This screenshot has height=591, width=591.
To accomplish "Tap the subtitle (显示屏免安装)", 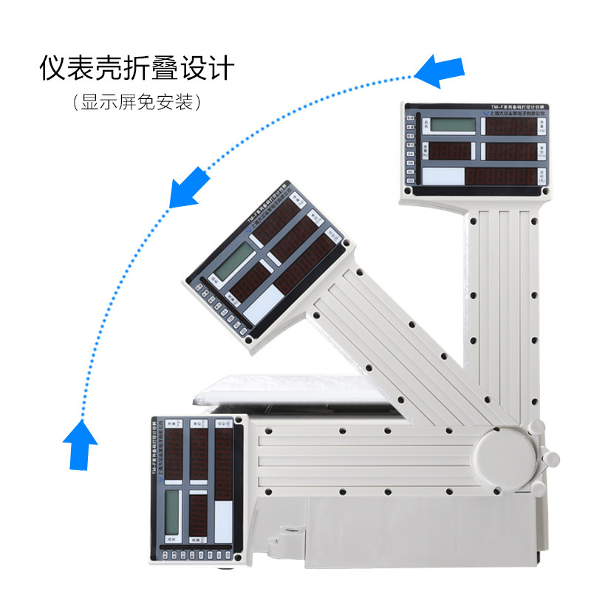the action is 137,103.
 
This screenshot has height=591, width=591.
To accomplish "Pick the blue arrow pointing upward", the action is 81,444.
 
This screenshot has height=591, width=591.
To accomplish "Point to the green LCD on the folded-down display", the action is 172,510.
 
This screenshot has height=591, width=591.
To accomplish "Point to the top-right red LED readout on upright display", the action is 510,126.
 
